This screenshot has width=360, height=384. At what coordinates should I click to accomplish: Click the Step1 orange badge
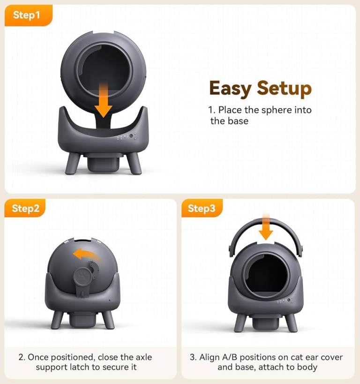[29, 15]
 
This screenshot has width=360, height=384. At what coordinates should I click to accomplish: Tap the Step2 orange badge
[25, 208]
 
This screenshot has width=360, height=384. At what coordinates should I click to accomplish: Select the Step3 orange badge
[202, 208]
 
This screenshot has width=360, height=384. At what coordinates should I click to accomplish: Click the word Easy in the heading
[230, 89]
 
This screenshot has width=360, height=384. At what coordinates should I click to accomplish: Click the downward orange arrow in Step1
[104, 100]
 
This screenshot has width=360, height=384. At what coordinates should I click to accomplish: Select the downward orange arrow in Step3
[266, 226]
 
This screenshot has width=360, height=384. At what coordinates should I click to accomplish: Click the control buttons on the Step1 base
[127, 137]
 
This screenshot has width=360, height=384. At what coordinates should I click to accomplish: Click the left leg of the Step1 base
[73, 164]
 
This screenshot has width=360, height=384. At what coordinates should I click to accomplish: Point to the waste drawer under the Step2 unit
[82, 320]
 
